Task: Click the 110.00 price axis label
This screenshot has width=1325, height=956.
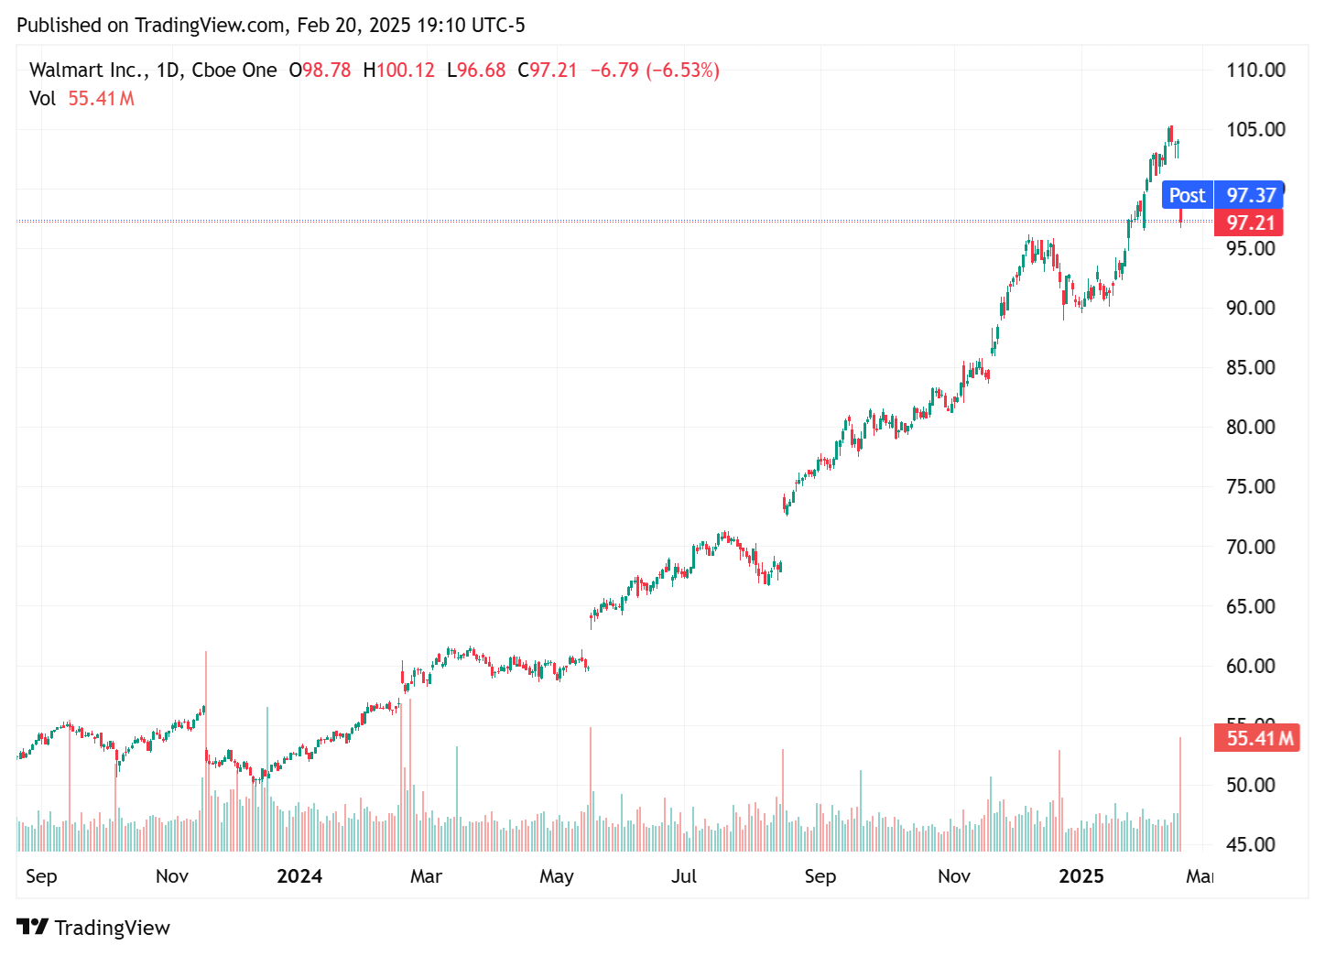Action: pyautogui.click(x=1255, y=71)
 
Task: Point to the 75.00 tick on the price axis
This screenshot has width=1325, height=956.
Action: pyautogui.click(x=1250, y=487)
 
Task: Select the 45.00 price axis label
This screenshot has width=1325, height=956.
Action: pyautogui.click(x=1250, y=844)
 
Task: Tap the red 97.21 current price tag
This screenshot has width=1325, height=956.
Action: pyautogui.click(x=1249, y=223)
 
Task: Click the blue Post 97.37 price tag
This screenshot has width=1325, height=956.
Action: pyautogui.click(x=1222, y=195)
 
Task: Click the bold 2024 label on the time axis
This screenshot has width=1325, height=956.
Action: pyautogui.click(x=299, y=876)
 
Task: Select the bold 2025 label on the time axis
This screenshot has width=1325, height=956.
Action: pyautogui.click(x=1081, y=876)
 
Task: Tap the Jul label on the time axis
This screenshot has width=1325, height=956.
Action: pyautogui.click(x=684, y=876)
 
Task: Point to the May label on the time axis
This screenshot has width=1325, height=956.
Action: pyautogui.click(x=557, y=876)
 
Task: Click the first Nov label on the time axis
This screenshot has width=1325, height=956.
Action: pyautogui.click(x=172, y=876)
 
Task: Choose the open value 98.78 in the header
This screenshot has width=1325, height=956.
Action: pyautogui.click(x=326, y=71)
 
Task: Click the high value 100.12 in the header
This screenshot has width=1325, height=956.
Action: pyautogui.click(x=405, y=71)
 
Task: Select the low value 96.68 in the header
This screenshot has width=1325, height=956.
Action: pyautogui.click(x=481, y=71)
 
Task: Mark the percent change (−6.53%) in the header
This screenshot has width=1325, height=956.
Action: pyautogui.click(x=683, y=71)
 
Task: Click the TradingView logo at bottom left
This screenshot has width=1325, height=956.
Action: pyautogui.click(x=93, y=928)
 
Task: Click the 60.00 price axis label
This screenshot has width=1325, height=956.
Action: pyautogui.click(x=1250, y=666)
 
